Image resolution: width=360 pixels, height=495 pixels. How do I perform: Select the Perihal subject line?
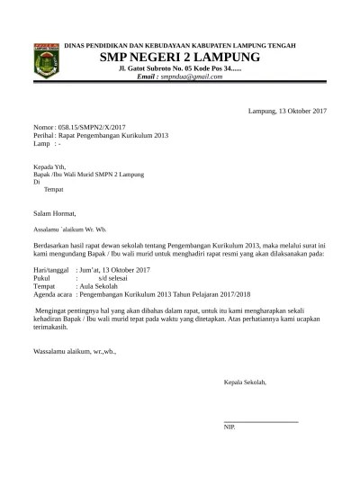(x=100, y=136)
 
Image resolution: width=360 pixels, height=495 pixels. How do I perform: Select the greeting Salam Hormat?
(x=56, y=213)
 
